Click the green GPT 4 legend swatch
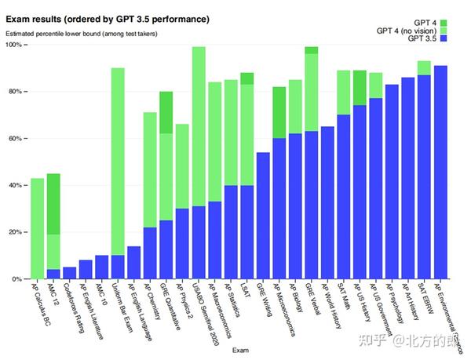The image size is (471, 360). pyautogui.click(x=444, y=22)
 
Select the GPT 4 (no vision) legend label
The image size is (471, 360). pyautogui.click(x=406, y=31)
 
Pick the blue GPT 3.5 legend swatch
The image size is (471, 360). pyautogui.click(x=444, y=38)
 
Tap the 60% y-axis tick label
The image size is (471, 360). pyautogui.click(x=15, y=139)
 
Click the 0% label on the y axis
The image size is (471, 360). pyautogui.click(x=17, y=279)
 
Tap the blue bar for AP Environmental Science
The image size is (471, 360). pyautogui.click(x=440, y=172)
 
